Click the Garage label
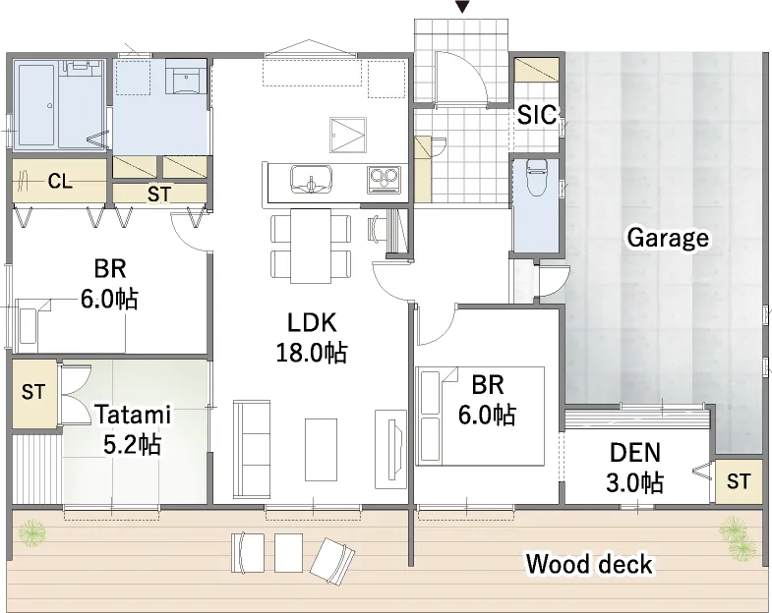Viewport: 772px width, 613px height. click(668, 238)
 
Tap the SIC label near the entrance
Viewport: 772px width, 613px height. click(537, 115)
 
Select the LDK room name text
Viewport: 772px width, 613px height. click(312, 323)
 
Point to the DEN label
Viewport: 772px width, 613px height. click(635, 453)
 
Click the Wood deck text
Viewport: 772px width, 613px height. click(589, 564)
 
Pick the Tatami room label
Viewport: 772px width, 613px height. click(133, 415)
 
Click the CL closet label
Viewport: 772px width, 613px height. click(60, 182)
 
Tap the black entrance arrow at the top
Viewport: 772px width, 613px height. click(462, 7)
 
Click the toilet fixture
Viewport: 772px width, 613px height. click(536, 176)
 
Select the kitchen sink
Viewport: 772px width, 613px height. click(311, 180)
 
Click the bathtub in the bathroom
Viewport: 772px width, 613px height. click(37, 105)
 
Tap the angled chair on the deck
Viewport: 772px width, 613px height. click(332, 561)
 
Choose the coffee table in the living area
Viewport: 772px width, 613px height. click(321, 449)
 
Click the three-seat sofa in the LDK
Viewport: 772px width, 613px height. click(252, 449)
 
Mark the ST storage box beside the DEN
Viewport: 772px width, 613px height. click(738, 481)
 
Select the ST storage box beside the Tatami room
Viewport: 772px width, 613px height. click(34, 393)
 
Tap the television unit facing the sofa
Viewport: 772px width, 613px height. click(393, 449)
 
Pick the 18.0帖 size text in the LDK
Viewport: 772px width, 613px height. click(312, 353)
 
